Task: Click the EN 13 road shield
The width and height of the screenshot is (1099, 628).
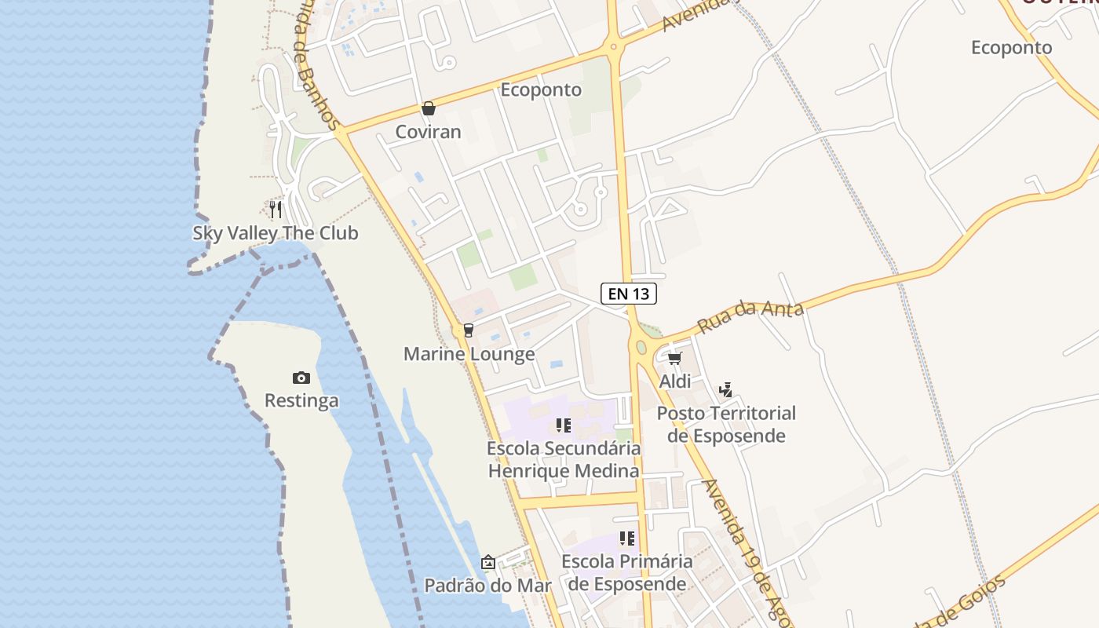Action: coord(628,294)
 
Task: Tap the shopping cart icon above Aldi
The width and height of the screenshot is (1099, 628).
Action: coord(674,359)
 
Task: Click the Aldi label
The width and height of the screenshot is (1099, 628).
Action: coord(675,382)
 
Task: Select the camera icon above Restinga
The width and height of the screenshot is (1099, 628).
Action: coord(301,378)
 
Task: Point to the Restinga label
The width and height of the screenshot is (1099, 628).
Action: coord(301,400)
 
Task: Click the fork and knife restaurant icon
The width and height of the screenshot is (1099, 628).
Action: coord(276,210)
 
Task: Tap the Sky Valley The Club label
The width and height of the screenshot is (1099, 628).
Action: coord(276,233)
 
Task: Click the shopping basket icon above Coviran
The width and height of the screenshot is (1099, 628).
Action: coord(428,108)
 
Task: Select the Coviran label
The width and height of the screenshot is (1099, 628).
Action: coord(428,131)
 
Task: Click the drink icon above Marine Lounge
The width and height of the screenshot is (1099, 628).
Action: coord(469,330)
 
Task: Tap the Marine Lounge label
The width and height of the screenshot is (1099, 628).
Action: coord(469,354)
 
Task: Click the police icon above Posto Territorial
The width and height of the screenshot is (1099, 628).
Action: coord(725,389)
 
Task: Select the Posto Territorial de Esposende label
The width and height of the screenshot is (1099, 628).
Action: coord(726,424)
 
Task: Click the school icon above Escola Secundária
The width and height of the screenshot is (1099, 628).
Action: coord(563,425)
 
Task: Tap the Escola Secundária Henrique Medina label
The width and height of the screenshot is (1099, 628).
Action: coord(564,460)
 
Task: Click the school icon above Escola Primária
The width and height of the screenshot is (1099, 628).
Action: coord(626,539)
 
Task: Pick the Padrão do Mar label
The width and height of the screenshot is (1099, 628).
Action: coord(487,586)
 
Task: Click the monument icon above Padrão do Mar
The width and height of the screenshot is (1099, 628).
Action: coord(488,562)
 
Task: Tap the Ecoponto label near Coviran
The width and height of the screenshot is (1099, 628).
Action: coord(541,89)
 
